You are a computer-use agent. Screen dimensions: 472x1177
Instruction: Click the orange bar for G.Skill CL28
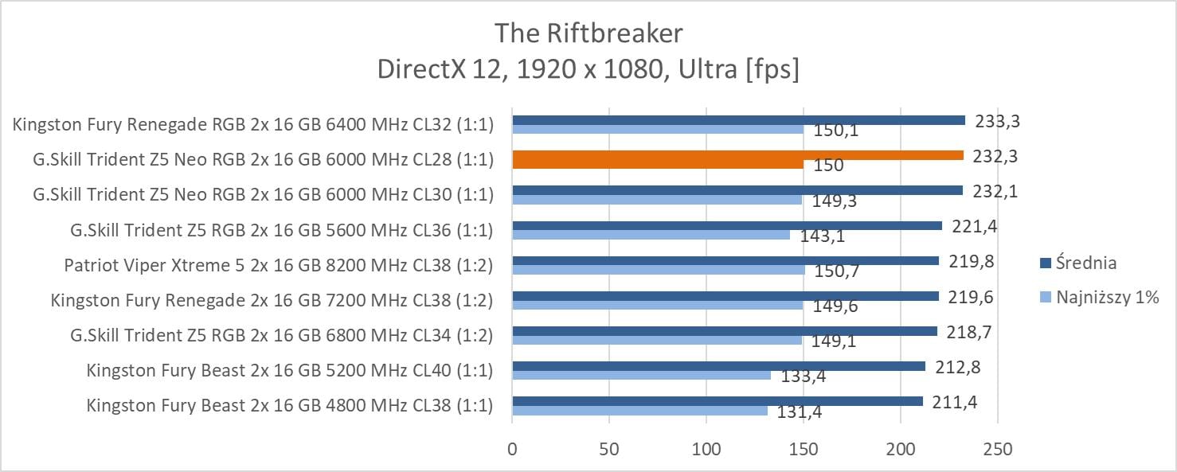coord(737,155)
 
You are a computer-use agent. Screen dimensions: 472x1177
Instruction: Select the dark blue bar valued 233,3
coord(738,120)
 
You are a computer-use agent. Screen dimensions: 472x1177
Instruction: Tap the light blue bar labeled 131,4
coord(639,411)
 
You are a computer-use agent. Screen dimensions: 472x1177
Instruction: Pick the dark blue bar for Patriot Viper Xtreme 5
coord(725,260)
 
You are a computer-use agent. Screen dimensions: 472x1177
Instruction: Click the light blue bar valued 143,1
coord(651,235)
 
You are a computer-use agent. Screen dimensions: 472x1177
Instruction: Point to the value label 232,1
coord(995,191)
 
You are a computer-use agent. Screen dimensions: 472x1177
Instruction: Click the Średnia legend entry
coord(1085,263)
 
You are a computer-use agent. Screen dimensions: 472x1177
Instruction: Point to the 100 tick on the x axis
coord(706,450)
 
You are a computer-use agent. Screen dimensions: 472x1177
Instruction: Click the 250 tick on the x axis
coord(998,450)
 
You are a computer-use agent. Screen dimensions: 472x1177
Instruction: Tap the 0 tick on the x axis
coord(512,450)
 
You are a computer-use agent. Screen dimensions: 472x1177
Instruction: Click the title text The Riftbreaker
coord(588,33)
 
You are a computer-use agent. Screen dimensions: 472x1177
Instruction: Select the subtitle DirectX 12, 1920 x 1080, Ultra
coord(588,70)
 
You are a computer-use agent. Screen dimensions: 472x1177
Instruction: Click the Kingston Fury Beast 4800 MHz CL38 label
coord(290,406)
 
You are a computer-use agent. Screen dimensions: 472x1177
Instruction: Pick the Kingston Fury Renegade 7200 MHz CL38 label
coord(272,300)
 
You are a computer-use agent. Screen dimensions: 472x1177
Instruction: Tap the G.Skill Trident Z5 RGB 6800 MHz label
coord(281,335)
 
